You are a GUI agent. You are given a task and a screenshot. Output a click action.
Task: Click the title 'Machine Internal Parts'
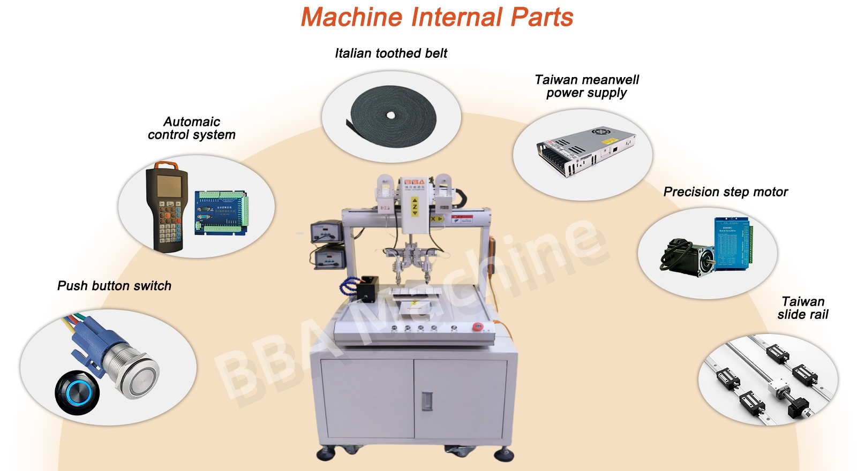[x=437, y=17]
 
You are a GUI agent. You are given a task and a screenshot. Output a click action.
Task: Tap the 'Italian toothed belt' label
[x=390, y=53]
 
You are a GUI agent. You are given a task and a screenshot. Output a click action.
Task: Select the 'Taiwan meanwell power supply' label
[x=587, y=86]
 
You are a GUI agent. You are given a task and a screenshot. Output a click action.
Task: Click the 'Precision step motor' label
[x=725, y=192]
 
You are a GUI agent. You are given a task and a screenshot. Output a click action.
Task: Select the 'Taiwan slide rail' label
[x=802, y=308]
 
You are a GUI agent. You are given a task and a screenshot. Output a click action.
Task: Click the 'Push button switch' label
[x=114, y=286]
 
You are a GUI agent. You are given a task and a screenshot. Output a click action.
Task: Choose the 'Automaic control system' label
[x=191, y=128]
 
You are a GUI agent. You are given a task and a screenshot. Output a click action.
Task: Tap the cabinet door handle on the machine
[x=427, y=401]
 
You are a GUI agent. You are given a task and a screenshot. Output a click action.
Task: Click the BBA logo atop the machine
[x=414, y=183]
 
